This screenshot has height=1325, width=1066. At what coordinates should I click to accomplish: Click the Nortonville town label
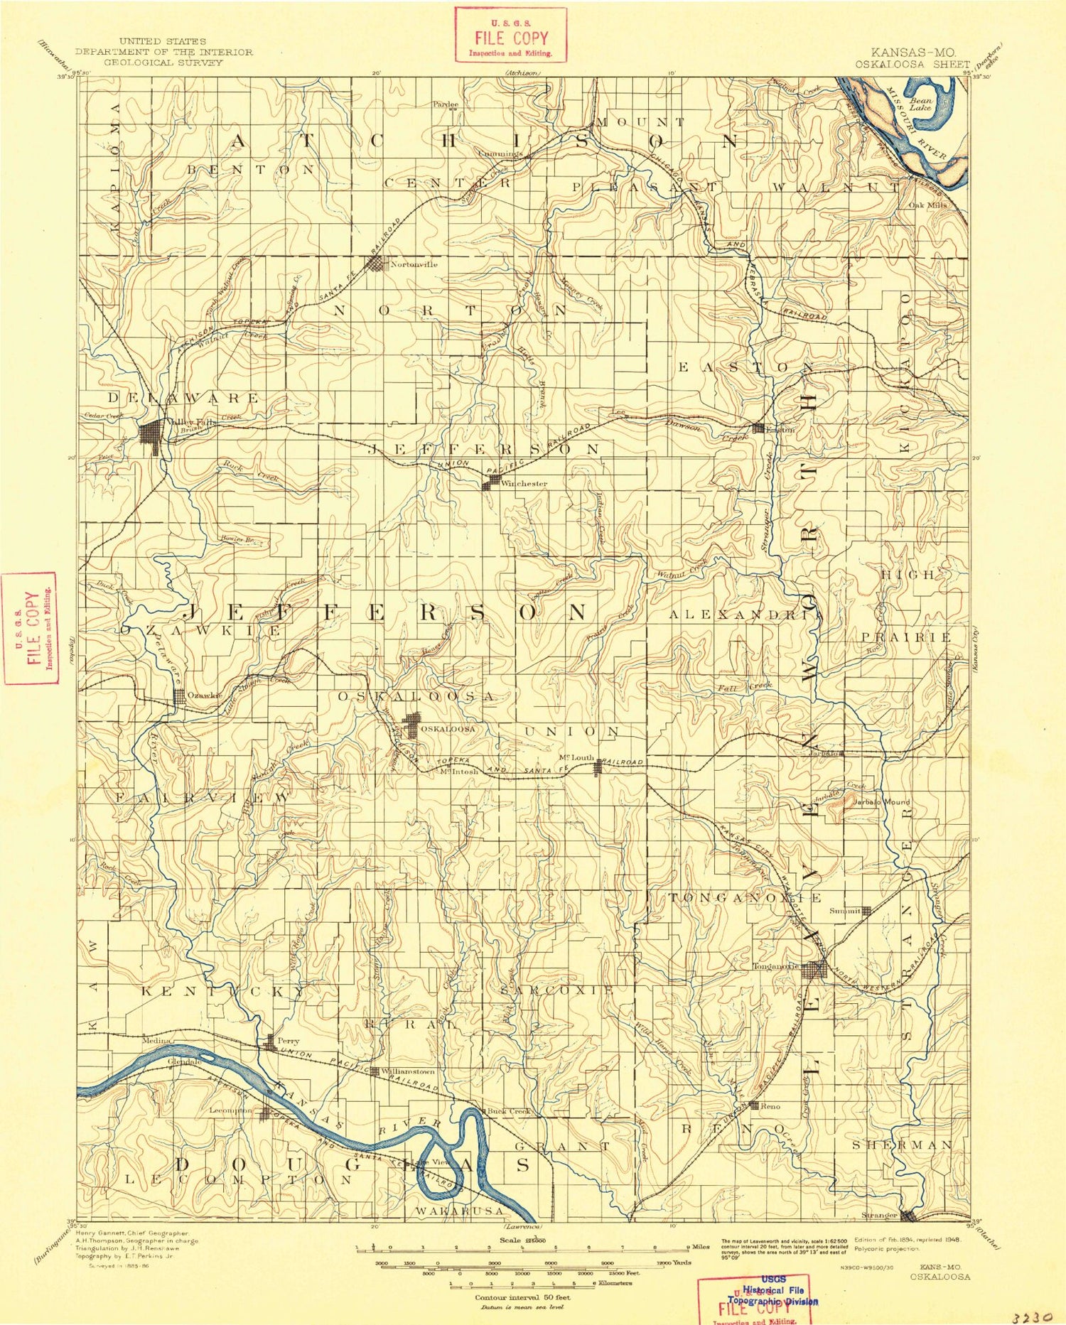(414, 264)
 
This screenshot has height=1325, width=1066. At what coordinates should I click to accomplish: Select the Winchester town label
(524, 484)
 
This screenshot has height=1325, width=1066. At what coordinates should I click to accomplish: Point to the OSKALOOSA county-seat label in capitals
(447, 729)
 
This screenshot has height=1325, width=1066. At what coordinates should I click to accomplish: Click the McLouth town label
(576, 757)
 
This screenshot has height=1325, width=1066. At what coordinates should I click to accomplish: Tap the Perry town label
(288, 1040)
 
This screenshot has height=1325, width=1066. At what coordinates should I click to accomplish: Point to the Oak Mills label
(927, 205)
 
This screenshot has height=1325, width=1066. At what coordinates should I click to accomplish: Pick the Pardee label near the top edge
(446, 104)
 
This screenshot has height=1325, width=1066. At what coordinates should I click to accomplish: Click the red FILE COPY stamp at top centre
(511, 35)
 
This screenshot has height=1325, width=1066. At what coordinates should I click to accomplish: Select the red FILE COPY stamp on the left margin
(31, 628)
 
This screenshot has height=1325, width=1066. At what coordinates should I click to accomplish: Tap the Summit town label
(845, 910)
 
